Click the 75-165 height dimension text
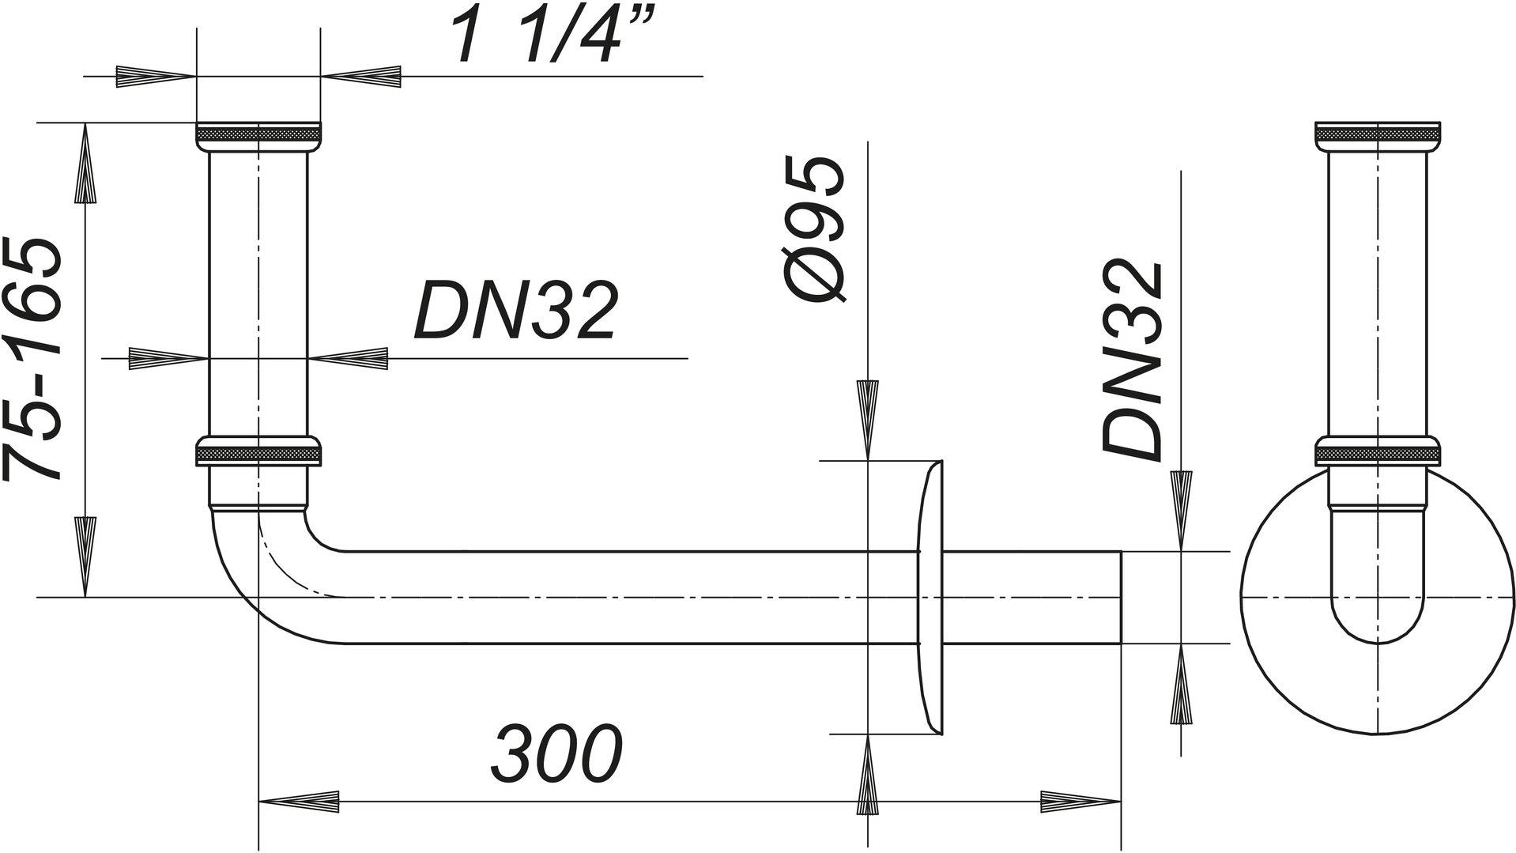(x=33, y=360)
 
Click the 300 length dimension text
(x=556, y=752)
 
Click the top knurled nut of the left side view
(x=258, y=135)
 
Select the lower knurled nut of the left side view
(x=258, y=453)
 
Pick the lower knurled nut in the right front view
(x=1378, y=451)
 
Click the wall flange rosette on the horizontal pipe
(x=931, y=597)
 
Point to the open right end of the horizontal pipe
(x=1119, y=597)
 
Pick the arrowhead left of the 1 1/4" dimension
(x=155, y=76)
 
